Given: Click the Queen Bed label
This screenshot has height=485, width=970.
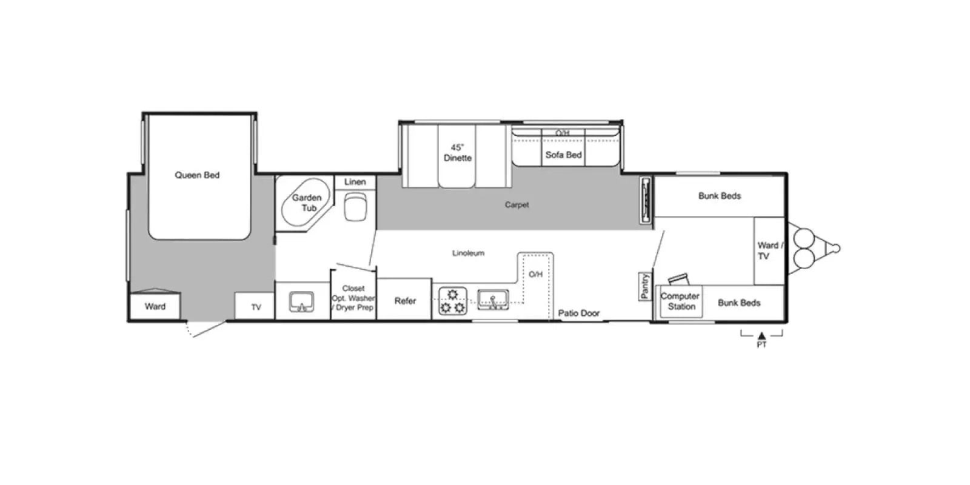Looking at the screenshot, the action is pos(197,175).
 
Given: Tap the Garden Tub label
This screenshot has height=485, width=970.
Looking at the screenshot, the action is pos(307,202).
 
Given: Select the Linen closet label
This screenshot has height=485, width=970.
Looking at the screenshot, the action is pos(355,182).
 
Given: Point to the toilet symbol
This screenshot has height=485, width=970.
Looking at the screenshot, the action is pos(355,207).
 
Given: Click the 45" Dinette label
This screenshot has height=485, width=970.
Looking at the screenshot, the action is pos(457,153).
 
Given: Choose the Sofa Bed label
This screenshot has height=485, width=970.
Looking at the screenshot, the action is pos(563,155).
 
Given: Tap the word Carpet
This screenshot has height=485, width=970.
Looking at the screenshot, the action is pos(517,205).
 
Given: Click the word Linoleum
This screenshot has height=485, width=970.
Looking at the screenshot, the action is pos(468,253).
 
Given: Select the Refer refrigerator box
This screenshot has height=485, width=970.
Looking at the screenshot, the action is pos(404,299).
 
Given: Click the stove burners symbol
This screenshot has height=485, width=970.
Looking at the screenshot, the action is pos(453,301).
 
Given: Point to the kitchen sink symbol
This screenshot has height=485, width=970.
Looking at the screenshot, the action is pos(493,299).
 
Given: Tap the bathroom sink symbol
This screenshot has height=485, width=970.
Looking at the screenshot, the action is pos(302,303).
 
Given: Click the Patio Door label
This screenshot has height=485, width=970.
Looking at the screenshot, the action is pos(578,313).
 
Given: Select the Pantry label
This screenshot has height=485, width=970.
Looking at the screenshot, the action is pos(645,286).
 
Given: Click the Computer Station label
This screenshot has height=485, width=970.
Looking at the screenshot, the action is pos(680,301).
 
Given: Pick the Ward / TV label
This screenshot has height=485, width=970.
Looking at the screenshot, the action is pos(770,251).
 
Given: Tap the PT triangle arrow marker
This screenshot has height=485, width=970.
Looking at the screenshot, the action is pos(761,336).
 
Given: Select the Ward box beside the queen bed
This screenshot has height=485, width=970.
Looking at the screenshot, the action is pos(155,307).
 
